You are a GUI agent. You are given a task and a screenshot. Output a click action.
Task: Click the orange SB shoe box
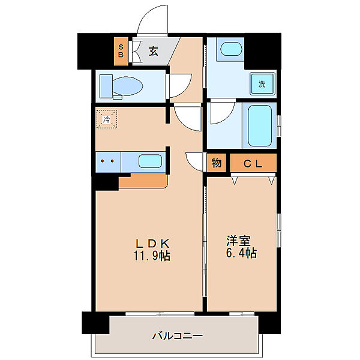pos(121,51)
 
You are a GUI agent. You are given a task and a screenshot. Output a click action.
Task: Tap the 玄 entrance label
pos(154,51)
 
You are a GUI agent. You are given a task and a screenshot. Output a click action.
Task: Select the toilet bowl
pos(127,86)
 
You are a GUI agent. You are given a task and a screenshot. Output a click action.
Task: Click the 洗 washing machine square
pos(262,84)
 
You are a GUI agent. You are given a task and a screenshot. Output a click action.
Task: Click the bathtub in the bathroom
pos(260,125)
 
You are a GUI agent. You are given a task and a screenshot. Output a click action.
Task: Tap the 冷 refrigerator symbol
pos(107,119)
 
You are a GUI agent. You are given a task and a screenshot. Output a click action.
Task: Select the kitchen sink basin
pos(150,161)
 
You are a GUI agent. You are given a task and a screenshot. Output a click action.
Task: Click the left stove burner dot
pos(103,161)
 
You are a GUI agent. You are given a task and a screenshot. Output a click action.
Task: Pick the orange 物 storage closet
pos(216,163)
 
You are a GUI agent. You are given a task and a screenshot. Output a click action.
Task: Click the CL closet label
pos(253,163)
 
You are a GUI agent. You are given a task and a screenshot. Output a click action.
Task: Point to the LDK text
pos(152,243)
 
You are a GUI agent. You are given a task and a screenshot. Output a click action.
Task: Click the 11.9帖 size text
pos(152,256)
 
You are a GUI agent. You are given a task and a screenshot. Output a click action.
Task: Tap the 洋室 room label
pos(239,241)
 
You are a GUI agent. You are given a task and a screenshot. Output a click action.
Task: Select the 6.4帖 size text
pos(241,253)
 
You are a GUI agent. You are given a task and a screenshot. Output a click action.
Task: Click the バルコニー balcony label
pos(178,336)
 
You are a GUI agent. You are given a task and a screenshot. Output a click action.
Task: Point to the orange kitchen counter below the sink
pos(143,181)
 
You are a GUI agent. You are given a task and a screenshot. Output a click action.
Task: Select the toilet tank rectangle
pos(106,86)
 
